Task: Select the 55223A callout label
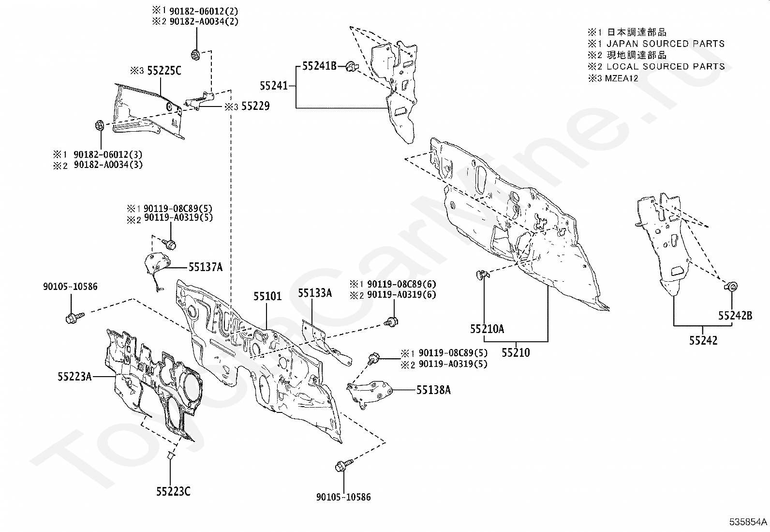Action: coord(74,376)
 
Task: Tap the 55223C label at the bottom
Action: coord(173,491)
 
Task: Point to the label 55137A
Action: coord(206,267)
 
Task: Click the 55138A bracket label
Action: coord(433,390)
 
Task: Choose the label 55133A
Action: coord(315,293)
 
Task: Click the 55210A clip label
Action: coord(487,329)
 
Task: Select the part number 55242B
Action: coord(735,316)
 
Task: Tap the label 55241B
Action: coord(319,66)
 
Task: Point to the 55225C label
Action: coord(163,71)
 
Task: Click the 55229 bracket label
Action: coord(255,106)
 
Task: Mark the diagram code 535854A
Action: coord(748,522)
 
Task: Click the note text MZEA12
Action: coord(622,78)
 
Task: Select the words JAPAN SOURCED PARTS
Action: coord(666,44)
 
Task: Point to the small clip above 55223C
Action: coord(170,456)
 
